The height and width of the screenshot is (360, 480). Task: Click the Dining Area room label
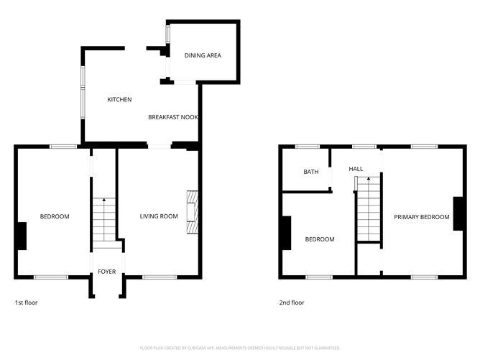203,55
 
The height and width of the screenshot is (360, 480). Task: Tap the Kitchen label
119,99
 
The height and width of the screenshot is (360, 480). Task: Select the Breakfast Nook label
173,116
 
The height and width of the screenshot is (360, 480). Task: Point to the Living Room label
159,216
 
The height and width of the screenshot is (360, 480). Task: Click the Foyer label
107,272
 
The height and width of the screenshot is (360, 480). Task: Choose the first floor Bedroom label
55,216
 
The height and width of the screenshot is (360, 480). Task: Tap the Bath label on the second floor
310,172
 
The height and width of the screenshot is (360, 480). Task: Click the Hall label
356,169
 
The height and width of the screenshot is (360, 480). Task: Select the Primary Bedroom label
422,216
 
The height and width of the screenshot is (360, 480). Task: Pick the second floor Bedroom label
320,239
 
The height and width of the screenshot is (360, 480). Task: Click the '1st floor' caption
26,303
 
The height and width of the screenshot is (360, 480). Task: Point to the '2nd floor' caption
292,303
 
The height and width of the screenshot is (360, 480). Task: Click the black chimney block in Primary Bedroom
458,213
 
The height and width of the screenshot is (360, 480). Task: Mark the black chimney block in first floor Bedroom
22,236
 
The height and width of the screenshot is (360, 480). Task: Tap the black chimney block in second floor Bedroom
287,233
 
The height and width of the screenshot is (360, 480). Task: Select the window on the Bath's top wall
308,147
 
